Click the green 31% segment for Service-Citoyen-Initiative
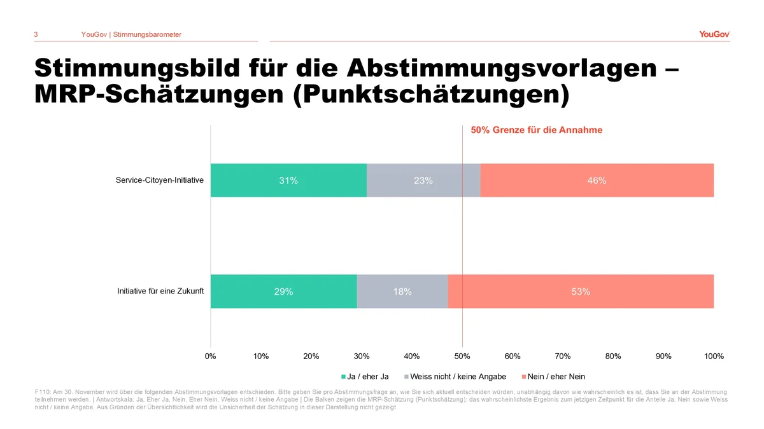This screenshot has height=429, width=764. coord(288,180)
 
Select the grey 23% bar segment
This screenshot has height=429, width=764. coord(423,180)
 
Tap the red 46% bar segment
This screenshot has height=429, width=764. coord(597,180)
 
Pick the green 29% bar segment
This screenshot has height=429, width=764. coord(283,292)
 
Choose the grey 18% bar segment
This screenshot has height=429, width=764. coord(402,292)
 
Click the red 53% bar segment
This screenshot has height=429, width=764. coord(581,292)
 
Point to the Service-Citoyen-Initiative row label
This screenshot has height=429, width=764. coord(160,180)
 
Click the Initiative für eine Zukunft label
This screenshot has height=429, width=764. coord(160,292)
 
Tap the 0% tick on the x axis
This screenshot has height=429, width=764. coord(211,356)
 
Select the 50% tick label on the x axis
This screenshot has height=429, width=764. coord(462,356)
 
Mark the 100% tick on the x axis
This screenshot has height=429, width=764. coord(714,356)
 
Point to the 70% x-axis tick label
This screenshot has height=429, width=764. coord(563,356)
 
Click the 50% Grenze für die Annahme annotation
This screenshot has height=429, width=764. coord(536,130)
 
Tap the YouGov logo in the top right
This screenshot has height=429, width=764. coord(714,34)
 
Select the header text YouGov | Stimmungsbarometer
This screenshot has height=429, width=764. coord(131,34)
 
